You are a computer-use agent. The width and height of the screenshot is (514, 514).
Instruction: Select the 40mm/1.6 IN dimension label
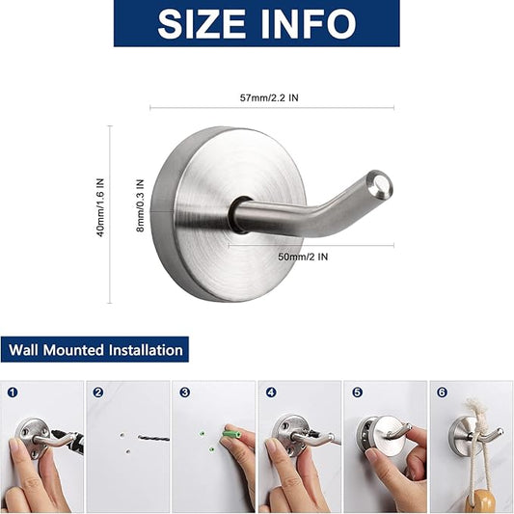tap(100, 206)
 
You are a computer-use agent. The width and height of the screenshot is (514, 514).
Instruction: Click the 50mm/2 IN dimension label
tap(303, 257)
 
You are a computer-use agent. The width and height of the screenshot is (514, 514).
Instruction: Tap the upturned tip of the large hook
tap(382, 181)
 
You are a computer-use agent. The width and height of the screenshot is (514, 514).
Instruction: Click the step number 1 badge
tap(12, 392)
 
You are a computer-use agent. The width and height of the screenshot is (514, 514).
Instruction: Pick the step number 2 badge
tap(98, 392)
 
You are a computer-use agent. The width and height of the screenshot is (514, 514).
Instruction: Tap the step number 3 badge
tap(185, 392)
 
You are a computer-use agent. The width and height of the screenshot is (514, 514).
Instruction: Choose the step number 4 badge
tap(271, 392)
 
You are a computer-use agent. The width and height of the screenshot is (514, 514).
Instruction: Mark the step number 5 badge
tap(358, 392)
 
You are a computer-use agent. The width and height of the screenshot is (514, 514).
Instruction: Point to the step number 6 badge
tap(443, 392)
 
